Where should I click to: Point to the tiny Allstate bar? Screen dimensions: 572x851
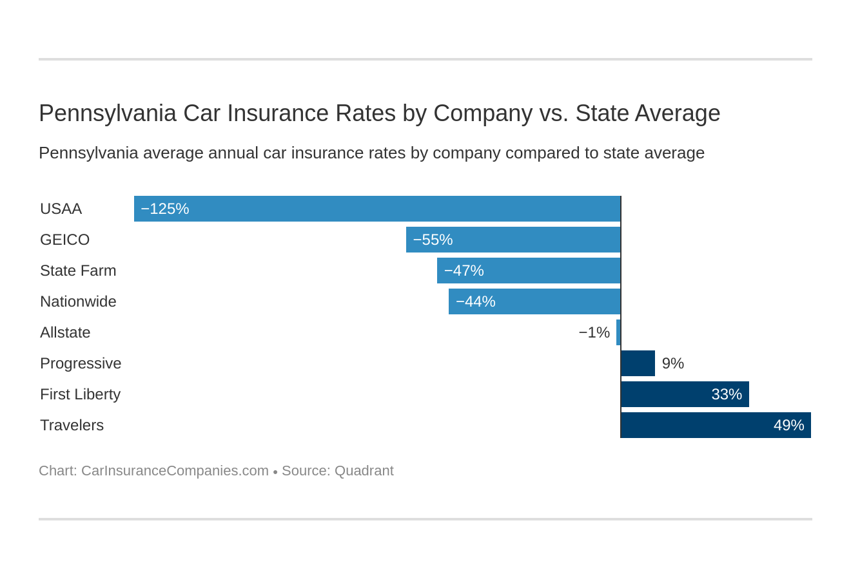(x=618, y=332)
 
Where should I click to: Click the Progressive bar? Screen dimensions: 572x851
(x=638, y=363)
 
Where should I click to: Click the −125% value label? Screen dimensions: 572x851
(x=165, y=209)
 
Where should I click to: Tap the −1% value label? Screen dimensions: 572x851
(x=594, y=332)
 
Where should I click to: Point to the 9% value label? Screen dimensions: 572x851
(x=672, y=363)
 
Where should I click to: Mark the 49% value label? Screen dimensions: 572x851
(x=788, y=425)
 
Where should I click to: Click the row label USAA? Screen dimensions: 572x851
(x=61, y=209)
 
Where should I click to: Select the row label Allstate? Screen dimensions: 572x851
(x=65, y=332)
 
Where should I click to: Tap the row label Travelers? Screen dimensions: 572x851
(x=72, y=425)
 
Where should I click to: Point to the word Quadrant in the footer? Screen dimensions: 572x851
(x=364, y=471)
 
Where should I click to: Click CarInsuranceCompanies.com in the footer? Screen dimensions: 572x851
(x=175, y=471)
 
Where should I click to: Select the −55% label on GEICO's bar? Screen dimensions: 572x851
(x=433, y=240)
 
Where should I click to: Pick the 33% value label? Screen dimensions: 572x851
(x=727, y=394)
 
